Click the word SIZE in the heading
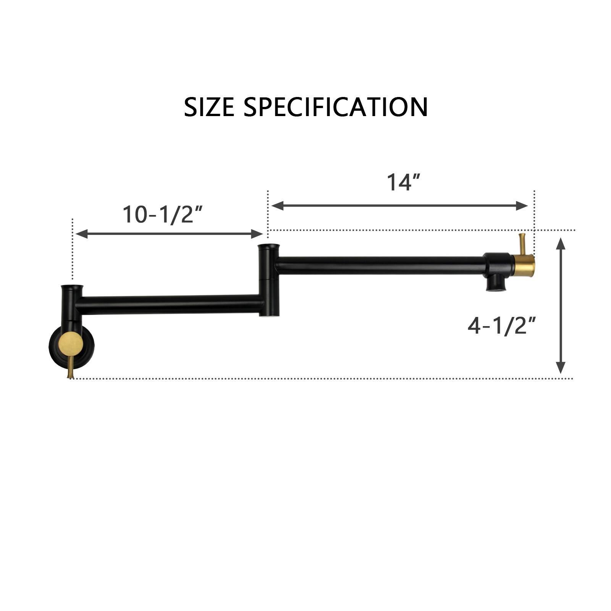(209, 107)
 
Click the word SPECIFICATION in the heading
(336, 107)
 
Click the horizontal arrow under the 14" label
(399, 205)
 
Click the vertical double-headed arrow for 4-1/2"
(560, 305)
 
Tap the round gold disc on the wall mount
(71, 343)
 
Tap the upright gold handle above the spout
(522, 244)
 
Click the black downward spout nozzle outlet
(496, 284)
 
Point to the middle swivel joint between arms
(269, 281)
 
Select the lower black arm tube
(170, 304)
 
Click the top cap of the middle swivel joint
(269, 247)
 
